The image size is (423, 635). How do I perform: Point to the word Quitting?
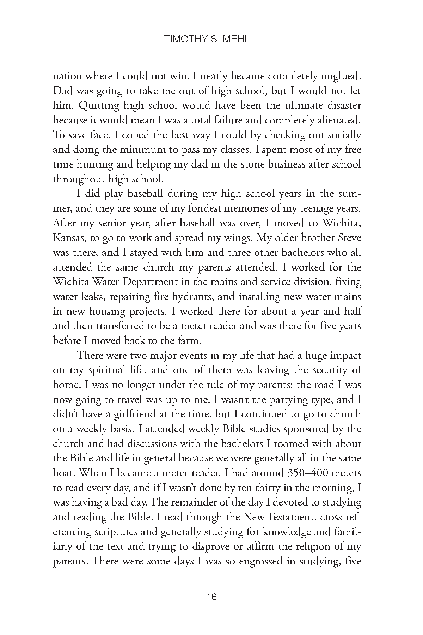pyautogui.click(x=88, y=105)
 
